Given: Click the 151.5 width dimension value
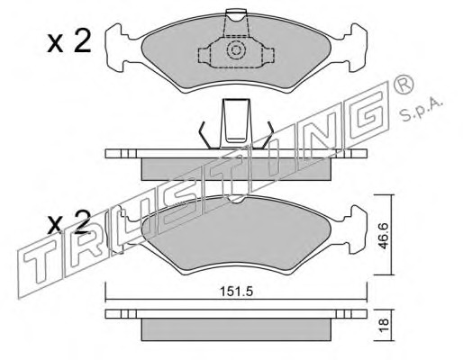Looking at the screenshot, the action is (237, 292).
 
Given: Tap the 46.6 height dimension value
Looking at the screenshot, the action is (384, 236).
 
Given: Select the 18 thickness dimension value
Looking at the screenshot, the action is (384, 324).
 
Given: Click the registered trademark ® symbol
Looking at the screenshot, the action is (404, 84).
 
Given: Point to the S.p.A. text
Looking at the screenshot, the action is (422, 110).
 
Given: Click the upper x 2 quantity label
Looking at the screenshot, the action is (69, 42).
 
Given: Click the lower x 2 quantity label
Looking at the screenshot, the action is (69, 223).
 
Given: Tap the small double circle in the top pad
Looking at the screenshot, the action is (235, 50).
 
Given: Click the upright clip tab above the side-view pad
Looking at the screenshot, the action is (236, 123).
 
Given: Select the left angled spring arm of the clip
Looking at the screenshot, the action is (204, 135).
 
